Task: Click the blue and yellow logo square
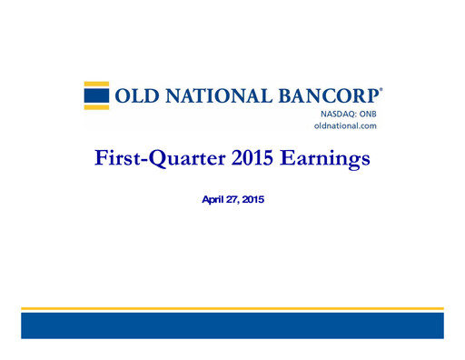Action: click(x=96, y=95)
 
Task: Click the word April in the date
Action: click(x=213, y=195)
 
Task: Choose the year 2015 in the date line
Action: click(x=255, y=195)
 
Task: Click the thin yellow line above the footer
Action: click(x=232, y=308)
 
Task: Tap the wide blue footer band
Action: click(x=232, y=325)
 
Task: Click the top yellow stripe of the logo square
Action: click(x=96, y=85)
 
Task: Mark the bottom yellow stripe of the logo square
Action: click(x=96, y=105)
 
